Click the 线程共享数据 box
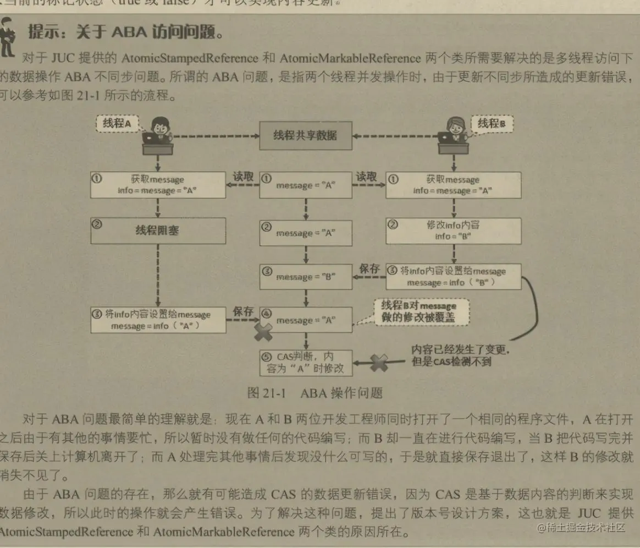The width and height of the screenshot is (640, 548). click(305, 135)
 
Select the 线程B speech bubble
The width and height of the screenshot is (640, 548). click(491, 124)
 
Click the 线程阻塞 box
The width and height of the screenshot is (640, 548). click(158, 231)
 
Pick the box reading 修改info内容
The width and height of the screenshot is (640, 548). click(453, 231)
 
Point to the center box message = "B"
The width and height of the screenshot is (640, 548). click(305, 276)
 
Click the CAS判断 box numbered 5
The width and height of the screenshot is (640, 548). click(305, 363)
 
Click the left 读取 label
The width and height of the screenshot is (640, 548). click(243, 177)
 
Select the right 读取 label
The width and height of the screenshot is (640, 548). click(367, 177)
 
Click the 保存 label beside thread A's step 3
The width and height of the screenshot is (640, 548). click(243, 311)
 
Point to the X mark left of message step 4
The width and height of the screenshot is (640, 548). click(263, 331)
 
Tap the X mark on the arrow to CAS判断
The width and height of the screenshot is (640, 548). click(379, 362)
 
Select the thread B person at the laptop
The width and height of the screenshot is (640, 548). click(453, 135)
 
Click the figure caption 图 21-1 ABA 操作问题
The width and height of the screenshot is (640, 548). click(315, 393)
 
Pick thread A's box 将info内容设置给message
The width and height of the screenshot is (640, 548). click(158, 320)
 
